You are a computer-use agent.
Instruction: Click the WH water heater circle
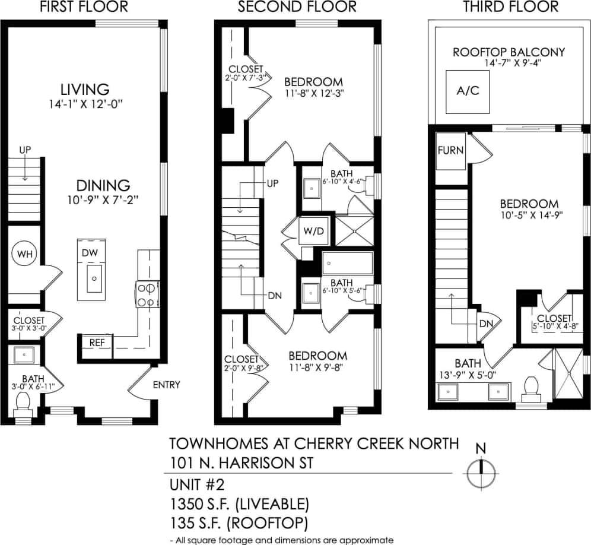[x=24, y=255]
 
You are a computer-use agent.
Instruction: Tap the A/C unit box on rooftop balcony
[x=468, y=91]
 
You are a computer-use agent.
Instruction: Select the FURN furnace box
[x=450, y=150]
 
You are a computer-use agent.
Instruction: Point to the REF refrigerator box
[x=97, y=343]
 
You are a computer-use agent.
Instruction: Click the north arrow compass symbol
[x=481, y=473]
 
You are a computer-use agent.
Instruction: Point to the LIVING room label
[x=85, y=90]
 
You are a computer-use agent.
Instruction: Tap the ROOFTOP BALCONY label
[x=509, y=52]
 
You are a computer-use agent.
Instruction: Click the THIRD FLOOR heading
[x=510, y=7]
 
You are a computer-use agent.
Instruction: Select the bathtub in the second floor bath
[x=347, y=262]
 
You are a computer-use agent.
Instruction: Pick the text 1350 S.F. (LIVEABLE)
[x=239, y=505]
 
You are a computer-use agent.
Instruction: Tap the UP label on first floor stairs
[x=24, y=150]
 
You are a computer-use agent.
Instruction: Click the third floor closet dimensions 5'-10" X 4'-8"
[x=555, y=325]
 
